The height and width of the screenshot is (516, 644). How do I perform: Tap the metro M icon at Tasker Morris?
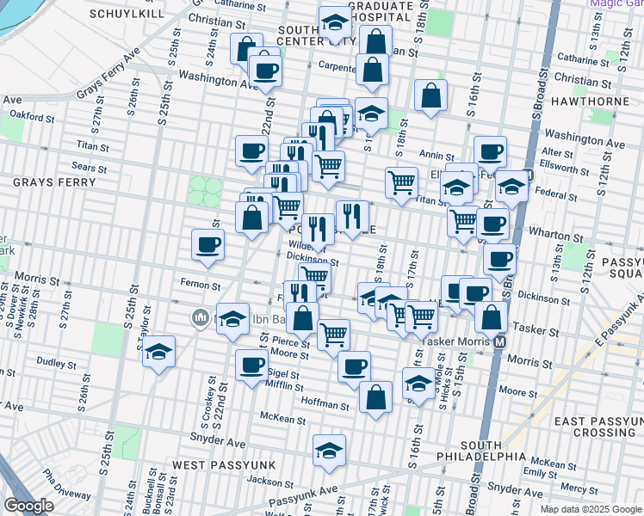point(499,342)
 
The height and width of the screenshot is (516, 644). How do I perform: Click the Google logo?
point(28,506)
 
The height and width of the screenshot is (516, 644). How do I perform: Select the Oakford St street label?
point(33,114)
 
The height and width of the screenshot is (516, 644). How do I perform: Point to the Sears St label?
point(90,167)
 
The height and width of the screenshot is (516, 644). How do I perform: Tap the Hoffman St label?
point(325,403)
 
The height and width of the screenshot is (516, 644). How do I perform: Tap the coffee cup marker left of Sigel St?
point(251,365)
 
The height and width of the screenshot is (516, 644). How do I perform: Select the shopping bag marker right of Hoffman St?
point(375,397)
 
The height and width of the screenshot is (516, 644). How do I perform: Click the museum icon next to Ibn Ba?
point(199,318)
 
